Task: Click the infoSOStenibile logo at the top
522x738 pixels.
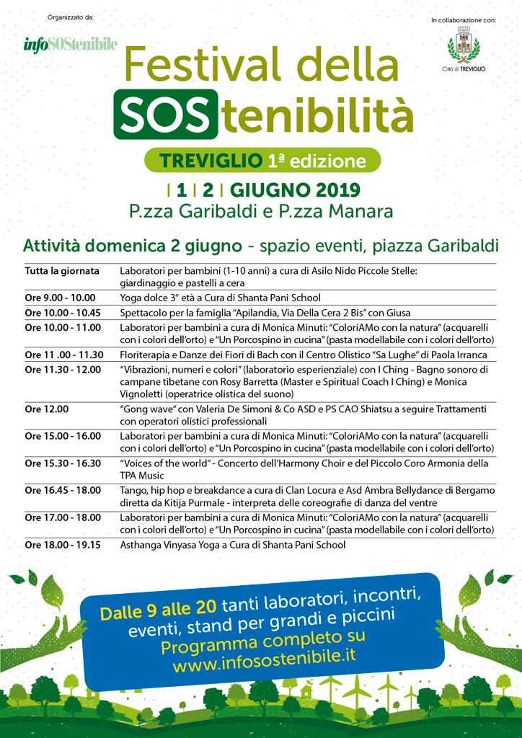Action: click(x=70, y=45)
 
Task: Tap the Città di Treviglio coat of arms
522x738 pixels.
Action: click(x=463, y=45)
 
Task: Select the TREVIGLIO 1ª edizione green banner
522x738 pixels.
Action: click(x=261, y=159)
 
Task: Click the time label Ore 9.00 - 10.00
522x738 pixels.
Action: click(x=60, y=297)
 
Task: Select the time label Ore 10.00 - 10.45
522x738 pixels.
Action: click(x=64, y=313)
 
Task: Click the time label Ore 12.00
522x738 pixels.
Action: click(x=47, y=409)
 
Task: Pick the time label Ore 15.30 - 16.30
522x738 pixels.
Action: click(x=64, y=463)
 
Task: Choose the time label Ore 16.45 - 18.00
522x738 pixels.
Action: click(x=64, y=490)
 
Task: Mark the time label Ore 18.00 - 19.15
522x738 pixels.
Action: click(x=64, y=545)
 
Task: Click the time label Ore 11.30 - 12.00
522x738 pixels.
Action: click(x=64, y=369)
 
